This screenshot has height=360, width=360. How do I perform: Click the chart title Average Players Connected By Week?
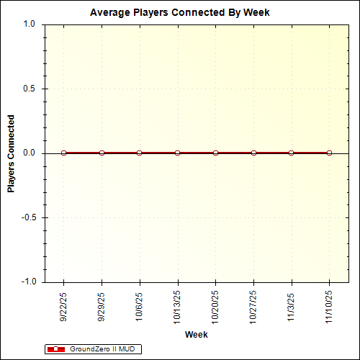click(x=179, y=13)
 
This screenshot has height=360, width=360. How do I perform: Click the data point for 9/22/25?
click(x=64, y=153)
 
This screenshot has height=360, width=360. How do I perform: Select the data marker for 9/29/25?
click(x=102, y=153)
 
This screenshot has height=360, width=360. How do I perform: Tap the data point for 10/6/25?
click(x=140, y=153)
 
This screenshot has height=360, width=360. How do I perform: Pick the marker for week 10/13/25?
click(x=177, y=153)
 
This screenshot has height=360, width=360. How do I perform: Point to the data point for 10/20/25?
click(x=215, y=153)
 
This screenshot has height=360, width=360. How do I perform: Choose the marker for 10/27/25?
click(x=253, y=153)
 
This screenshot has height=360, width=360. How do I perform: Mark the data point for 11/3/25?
click(x=291, y=153)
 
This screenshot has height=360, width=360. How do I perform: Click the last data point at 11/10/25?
click(x=329, y=153)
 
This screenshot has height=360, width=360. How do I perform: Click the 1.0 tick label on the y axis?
click(x=29, y=24)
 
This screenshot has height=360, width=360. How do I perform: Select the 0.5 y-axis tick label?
click(x=29, y=89)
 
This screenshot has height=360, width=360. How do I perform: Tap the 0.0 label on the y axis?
click(x=29, y=153)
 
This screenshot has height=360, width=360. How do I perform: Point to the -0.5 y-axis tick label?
click(x=27, y=217)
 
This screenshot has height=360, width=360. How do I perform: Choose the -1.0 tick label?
click(x=27, y=282)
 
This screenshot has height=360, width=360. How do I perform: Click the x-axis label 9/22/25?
click(x=64, y=306)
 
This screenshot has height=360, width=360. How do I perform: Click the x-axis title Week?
click(x=196, y=335)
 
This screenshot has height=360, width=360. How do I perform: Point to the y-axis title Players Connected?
click(x=12, y=153)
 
